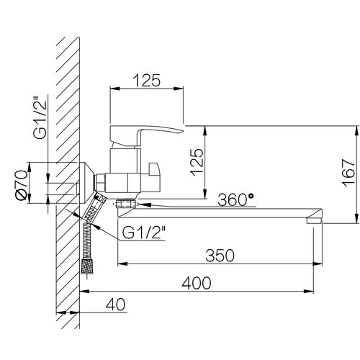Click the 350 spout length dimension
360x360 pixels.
click(x=220, y=256)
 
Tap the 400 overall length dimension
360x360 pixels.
click(x=197, y=283)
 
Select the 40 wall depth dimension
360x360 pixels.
click(x=115, y=305)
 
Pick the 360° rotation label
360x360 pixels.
click(x=235, y=199)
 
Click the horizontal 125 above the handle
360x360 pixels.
click(x=146, y=80)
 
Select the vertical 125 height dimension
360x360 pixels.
click(x=197, y=163)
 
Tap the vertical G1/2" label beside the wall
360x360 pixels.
click(x=40, y=117)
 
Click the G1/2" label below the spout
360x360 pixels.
click(x=144, y=233)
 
